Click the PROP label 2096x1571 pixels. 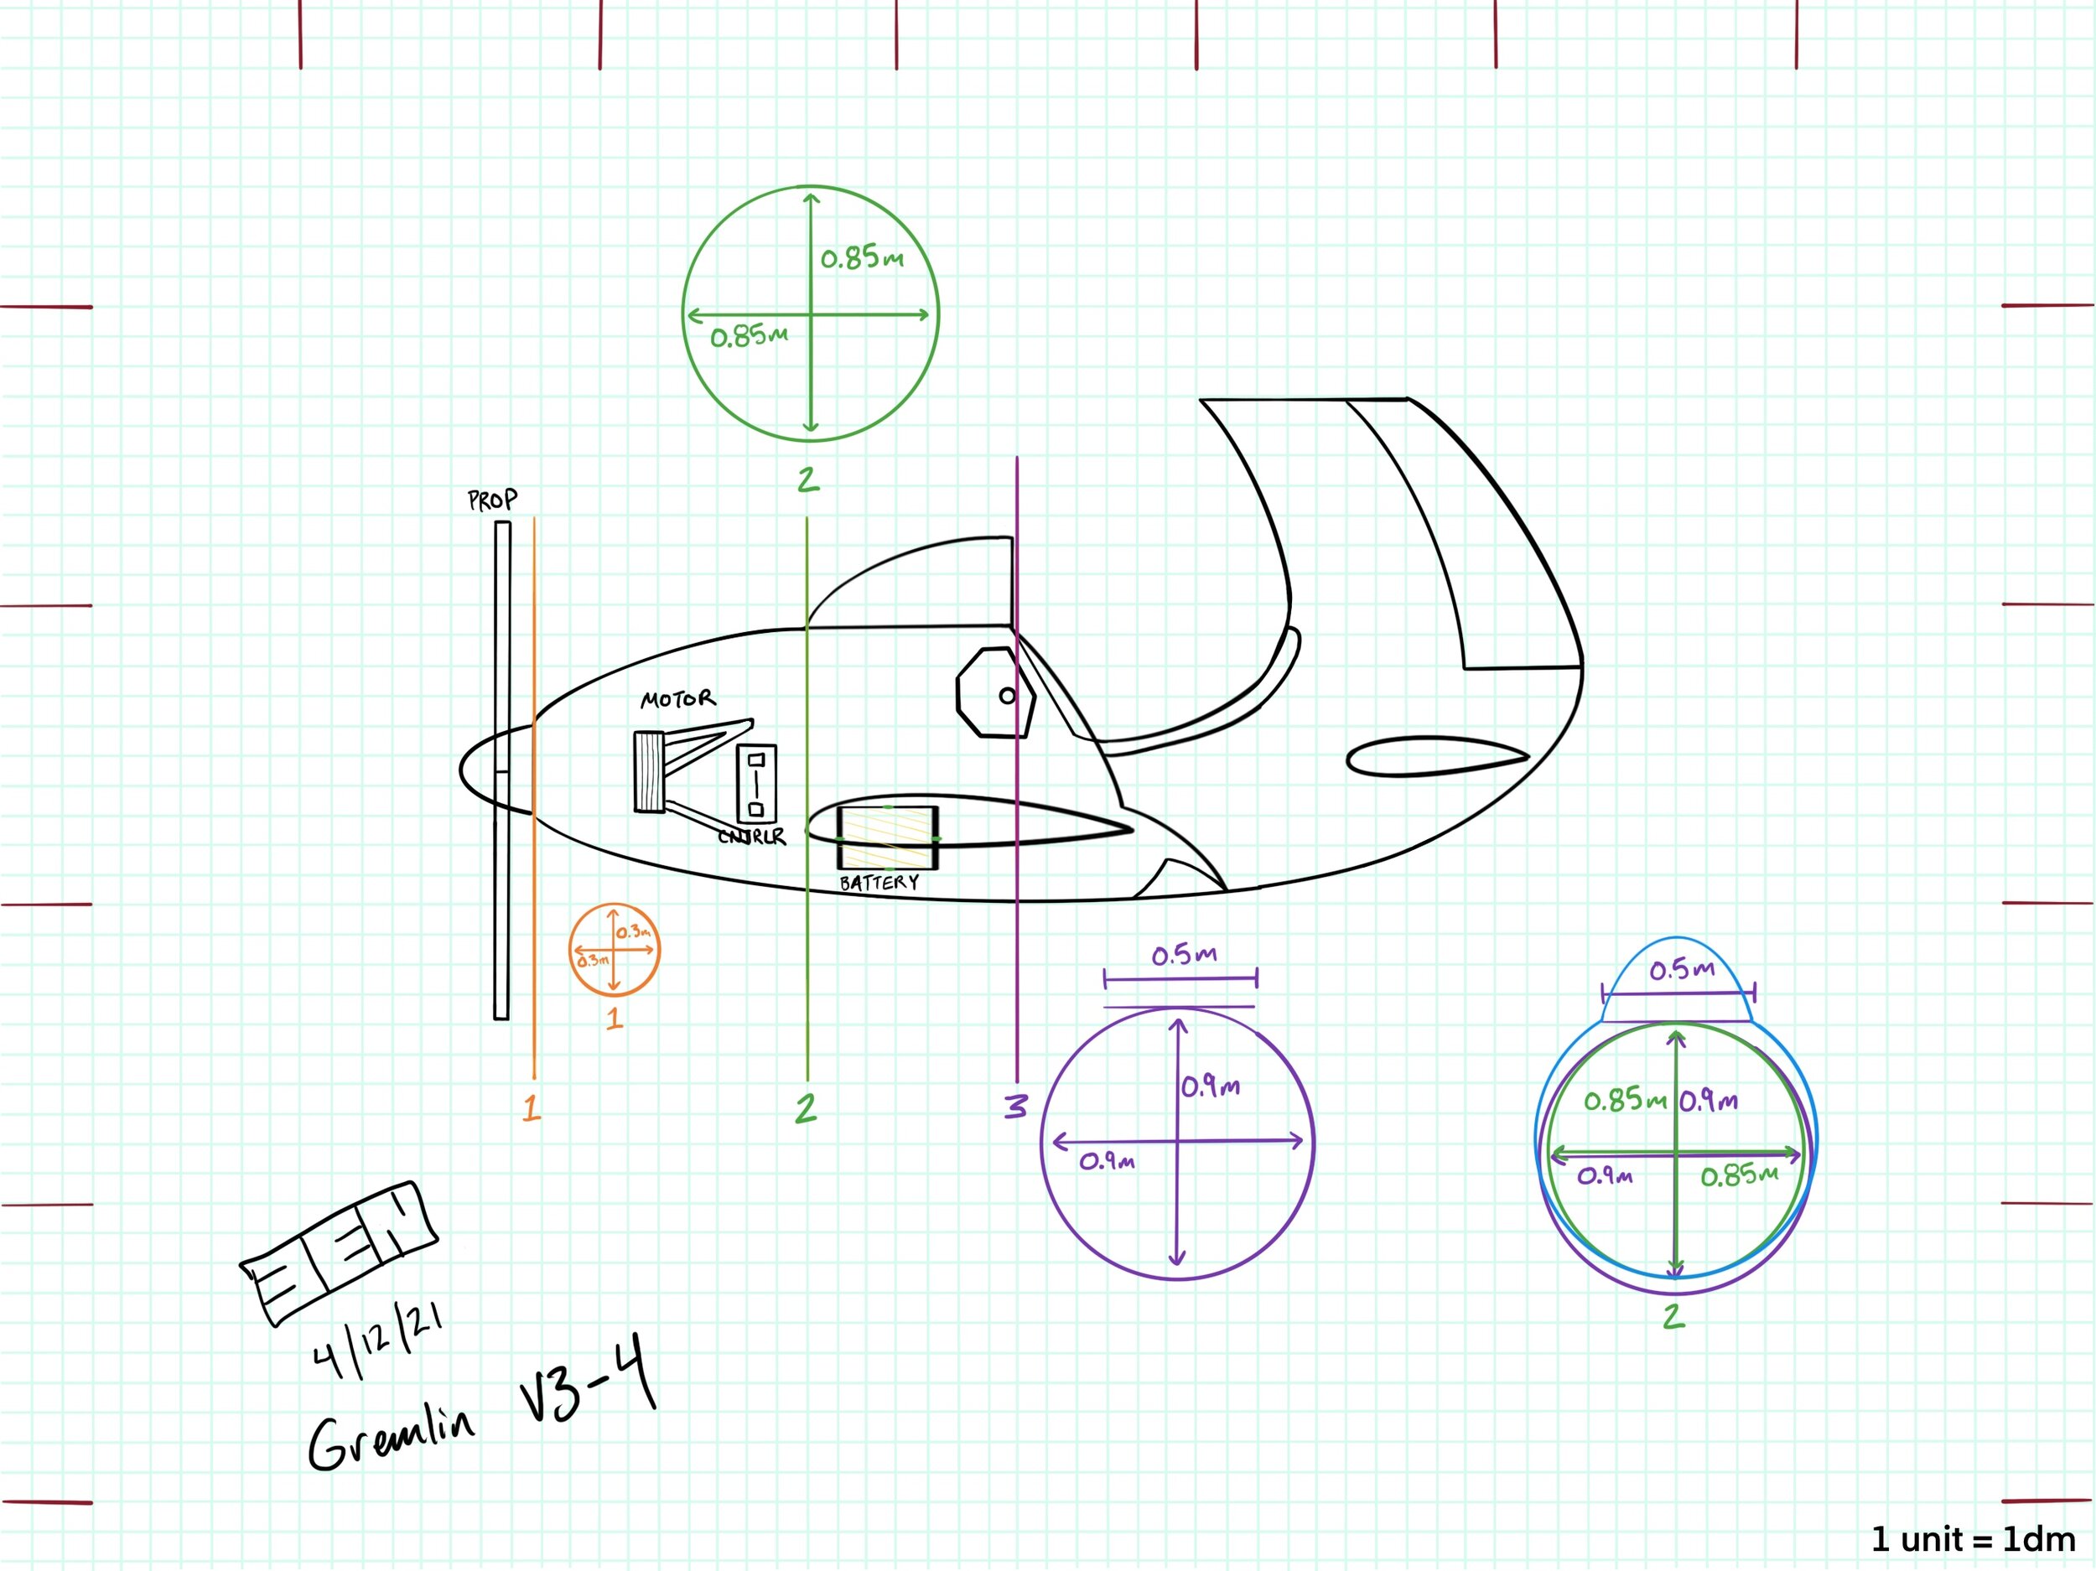click(x=493, y=500)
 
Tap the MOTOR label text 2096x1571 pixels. click(x=677, y=699)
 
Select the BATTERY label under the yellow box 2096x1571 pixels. click(x=879, y=882)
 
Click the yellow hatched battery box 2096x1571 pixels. click(x=888, y=837)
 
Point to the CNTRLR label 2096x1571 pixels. click(x=751, y=836)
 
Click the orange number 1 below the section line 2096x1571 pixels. click(x=532, y=1107)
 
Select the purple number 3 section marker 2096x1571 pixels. click(x=1016, y=1106)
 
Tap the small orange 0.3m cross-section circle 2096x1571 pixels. click(x=614, y=950)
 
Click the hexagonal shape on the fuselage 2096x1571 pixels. click(x=995, y=692)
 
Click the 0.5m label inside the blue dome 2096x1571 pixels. click(x=1682, y=969)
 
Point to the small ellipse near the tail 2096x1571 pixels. click(x=1435, y=756)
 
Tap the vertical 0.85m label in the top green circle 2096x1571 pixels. click(x=861, y=257)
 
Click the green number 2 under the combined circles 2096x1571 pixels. click(x=1674, y=1316)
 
